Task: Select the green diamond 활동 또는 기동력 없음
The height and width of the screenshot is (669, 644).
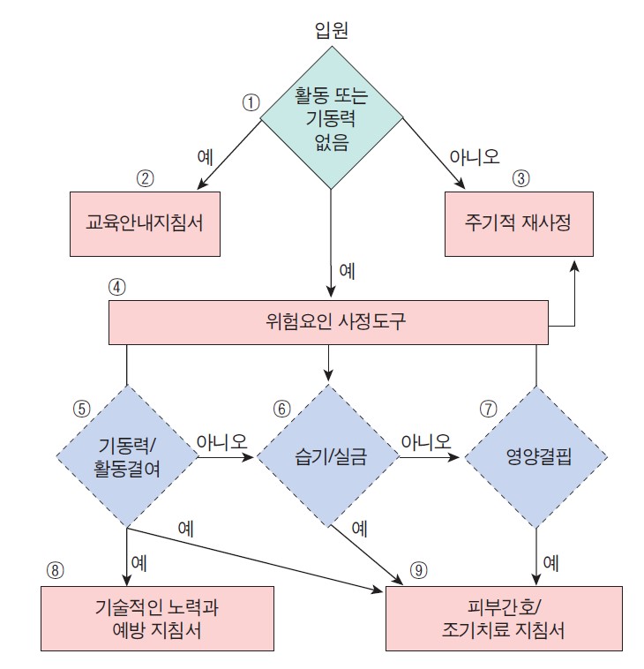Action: [x=331, y=118]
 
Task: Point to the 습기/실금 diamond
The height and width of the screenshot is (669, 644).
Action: [x=329, y=457]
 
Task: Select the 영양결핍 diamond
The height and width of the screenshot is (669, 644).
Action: [x=535, y=457]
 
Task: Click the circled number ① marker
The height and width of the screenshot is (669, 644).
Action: [x=251, y=102]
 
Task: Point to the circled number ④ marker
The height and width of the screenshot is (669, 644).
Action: [x=118, y=287]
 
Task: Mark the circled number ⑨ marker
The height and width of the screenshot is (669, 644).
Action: [x=419, y=568]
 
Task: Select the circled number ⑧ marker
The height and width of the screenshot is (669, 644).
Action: [x=55, y=568]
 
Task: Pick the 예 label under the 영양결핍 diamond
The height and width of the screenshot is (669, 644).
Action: [x=550, y=560]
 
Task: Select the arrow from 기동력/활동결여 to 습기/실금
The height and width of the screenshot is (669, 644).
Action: [x=226, y=457]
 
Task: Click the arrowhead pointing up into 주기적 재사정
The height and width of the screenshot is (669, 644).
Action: [x=575, y=266]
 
